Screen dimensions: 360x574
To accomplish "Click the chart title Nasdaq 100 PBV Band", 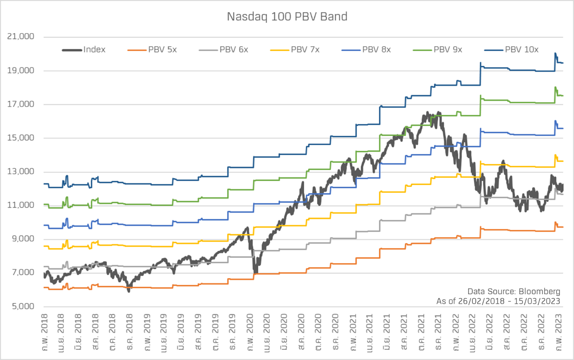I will point(287,17).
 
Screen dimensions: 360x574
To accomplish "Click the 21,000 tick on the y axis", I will point(21,36).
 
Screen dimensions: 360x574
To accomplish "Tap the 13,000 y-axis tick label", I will point(21,172).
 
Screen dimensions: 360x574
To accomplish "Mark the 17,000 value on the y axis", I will point(21,104).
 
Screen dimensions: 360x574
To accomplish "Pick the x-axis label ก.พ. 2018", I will point(45,332).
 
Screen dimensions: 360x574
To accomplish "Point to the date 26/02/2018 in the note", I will point(481,301).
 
